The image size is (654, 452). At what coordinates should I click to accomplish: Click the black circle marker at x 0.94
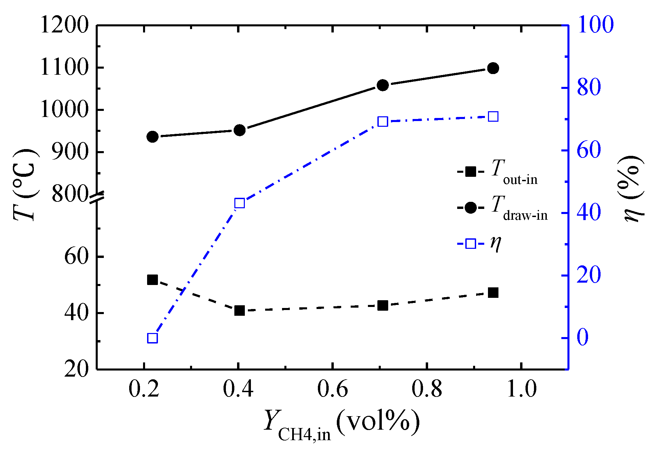[x=493, y=68]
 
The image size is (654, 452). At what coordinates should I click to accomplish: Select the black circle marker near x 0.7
[x=382, y=85]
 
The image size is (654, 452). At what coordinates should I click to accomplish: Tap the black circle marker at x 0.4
[x=239, y=130]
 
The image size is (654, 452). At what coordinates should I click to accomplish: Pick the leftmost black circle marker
[x=153, y=137]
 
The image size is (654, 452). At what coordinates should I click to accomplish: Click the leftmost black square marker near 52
[x=153, y=280]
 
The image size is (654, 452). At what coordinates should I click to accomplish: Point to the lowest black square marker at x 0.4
[x=239, y=310]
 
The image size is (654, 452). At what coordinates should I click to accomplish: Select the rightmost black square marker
[x=493, y=293]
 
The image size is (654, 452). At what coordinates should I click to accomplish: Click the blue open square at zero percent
[x=153, y=338]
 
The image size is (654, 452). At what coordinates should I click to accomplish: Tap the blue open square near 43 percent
[x=239, y=203]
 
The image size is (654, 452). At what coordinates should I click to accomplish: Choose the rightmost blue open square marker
[x=493, y=117]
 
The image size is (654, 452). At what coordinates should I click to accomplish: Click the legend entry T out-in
[x=497, y=172]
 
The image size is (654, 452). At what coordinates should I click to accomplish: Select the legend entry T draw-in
[x=502, y=208]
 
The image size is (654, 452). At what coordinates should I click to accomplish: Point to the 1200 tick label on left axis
[x=64, y=25]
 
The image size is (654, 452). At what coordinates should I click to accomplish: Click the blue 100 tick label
[x=595, y=25]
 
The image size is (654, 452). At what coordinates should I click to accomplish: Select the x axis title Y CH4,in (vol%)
[x=342, y=424]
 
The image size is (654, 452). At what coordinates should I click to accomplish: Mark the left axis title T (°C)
[x=25, y=184]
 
